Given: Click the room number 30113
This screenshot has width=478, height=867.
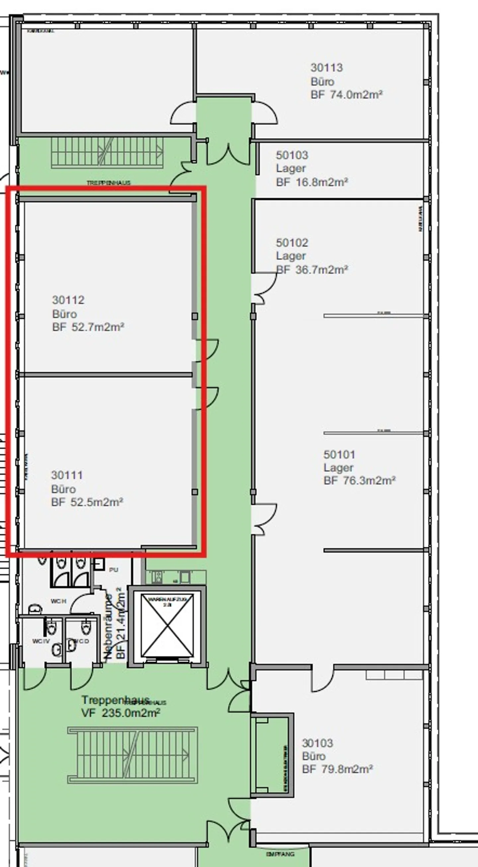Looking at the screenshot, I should [327, 68].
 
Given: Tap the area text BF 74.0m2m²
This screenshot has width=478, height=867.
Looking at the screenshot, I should [346, 95].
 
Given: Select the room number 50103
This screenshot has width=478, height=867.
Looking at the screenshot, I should [292, 155].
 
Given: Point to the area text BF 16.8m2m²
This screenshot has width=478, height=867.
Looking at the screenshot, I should [312, 182].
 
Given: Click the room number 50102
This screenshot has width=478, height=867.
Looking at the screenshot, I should [292, 243].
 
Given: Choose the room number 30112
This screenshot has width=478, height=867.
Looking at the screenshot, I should [68, 300].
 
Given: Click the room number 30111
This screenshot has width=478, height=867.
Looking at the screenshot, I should [67, 475].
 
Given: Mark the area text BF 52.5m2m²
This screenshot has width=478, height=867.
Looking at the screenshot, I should [87, 502].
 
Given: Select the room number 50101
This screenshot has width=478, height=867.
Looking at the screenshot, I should [339, 454].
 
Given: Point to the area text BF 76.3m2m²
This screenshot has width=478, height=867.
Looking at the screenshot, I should [359, 481].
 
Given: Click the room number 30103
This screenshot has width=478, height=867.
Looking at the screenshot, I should [317, 743].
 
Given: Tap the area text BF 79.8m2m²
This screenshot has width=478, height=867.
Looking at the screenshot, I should [337, 769].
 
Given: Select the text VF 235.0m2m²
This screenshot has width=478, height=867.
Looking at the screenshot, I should [120, 713].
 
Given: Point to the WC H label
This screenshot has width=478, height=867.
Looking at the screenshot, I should [58, 601].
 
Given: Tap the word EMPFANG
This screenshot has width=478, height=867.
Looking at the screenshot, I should [280, 854].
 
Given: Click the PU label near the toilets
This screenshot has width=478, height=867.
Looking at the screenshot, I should [114, 570].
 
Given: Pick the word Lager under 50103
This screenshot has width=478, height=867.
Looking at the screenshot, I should [291, 168].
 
